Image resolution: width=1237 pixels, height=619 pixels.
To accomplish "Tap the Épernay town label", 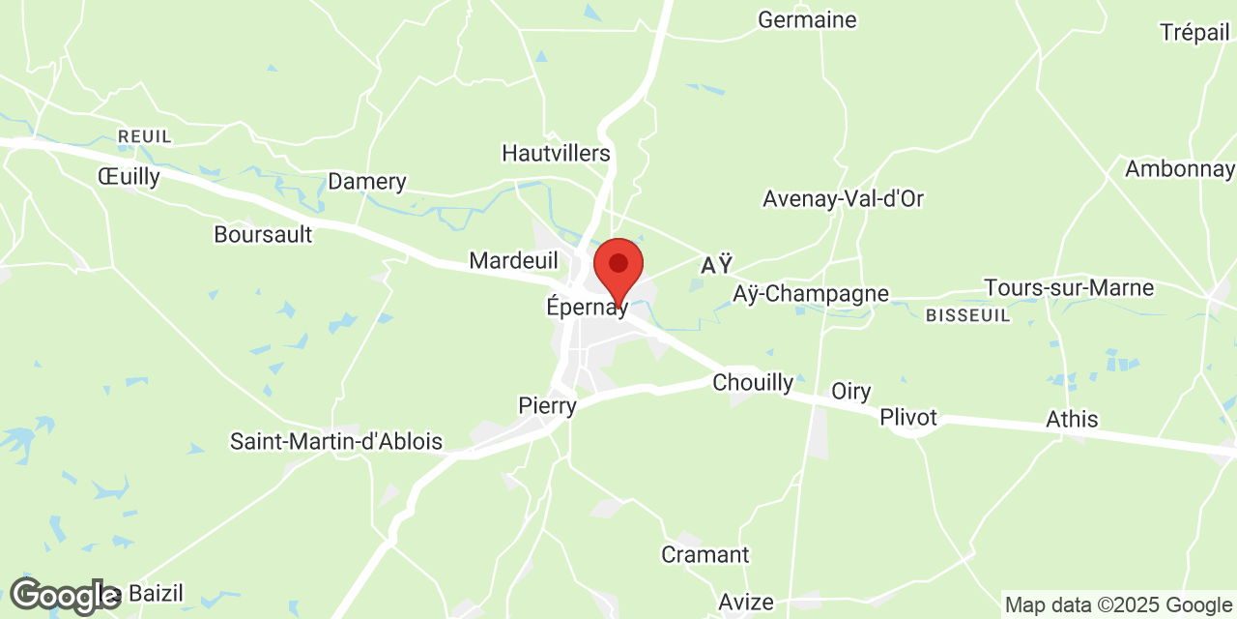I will pos(587,309).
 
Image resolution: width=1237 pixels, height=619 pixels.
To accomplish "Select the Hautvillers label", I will pos(556,153).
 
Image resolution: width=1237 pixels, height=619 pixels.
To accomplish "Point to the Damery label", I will pos(367,182).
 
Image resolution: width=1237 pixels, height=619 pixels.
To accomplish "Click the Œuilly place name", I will pos(129,176).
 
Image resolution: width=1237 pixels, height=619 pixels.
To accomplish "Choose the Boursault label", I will pos(263,234).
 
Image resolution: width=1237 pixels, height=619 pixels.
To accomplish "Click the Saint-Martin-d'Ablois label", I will pos(335,442).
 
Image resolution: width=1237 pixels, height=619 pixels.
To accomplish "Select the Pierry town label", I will pos(547,405).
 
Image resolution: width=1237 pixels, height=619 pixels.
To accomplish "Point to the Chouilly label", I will pos(753,383).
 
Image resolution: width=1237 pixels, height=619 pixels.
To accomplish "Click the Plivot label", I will pos(908,418).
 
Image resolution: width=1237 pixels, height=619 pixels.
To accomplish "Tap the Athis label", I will pos(1072,420).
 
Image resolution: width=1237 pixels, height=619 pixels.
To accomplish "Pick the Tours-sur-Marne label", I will pos(1069,288).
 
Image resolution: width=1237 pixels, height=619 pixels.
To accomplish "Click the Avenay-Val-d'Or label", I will pos(843,199).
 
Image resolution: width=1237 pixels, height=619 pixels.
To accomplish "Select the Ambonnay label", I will pos(1179,169).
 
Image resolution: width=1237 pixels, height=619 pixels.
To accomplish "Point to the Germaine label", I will pos(807,19).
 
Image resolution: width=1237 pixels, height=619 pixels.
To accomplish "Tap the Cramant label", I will pos(705,555).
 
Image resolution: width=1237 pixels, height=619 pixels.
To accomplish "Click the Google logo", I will pos(64,596).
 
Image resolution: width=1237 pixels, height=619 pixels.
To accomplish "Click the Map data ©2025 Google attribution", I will pos(1117,605).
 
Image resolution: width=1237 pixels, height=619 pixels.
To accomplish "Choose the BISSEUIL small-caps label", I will pos(967,315).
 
